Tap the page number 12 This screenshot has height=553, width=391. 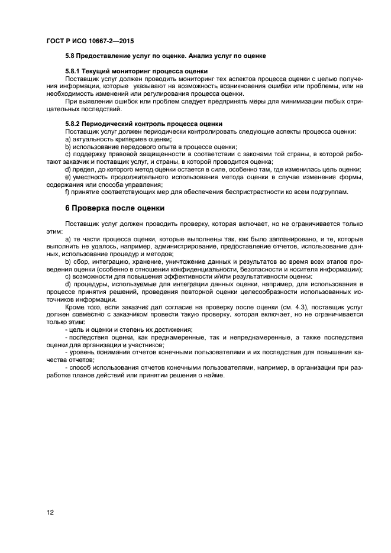pyautogui.click(x=50, y=512)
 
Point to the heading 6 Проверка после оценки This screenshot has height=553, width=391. pyautogui.click(x=115, y=208)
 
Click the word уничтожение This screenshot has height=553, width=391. pyautogui.click(x=168, y=261)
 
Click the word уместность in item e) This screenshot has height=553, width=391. pyautogui.click(x=93, y=177)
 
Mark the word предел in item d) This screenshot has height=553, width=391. pyautogui.click(x=84, y=169)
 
